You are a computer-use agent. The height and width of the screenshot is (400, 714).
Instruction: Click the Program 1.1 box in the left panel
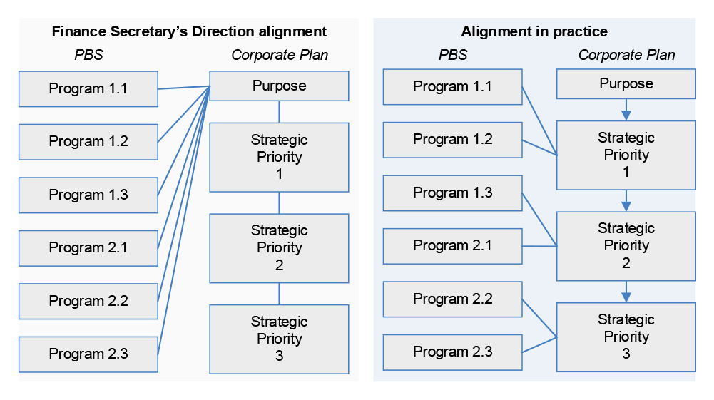pos(88,88)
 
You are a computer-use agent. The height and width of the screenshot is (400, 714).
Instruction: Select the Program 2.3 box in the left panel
pos(88,354)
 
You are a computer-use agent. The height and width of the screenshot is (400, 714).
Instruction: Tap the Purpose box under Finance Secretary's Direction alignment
pos(279,86)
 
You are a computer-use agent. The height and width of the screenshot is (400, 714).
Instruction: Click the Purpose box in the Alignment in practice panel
pos(626,83)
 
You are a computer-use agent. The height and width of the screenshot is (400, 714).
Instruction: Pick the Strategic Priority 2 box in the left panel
pos(279,247)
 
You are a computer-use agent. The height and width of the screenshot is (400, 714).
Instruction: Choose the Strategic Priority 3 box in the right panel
pos(626,337)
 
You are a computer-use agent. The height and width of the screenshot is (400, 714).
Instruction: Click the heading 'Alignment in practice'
pos(534,31)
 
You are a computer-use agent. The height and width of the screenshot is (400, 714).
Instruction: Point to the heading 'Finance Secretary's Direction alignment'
pos(189,31)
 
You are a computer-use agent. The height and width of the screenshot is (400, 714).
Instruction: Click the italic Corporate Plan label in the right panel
pos(626,55)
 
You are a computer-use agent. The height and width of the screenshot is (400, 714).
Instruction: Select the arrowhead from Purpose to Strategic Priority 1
pos(626,114)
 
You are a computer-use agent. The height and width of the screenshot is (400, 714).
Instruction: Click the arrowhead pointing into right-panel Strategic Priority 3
pos(626,296)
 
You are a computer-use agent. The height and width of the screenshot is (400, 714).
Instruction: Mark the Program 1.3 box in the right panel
pos(453,193)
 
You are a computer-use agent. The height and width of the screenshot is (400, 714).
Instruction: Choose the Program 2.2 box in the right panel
pos(453,299)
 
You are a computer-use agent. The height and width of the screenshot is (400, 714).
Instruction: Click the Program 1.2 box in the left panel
pos(88,141)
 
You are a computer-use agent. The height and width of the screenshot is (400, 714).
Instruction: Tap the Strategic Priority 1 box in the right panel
pos(626,155)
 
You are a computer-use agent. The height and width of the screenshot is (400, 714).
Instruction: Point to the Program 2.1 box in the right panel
pos(453,246)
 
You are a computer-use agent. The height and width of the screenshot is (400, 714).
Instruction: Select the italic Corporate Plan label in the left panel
pos(280,55)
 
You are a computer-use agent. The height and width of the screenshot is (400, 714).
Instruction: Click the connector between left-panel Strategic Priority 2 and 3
pos(279,294)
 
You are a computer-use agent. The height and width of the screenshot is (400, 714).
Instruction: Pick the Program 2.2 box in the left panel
pos(88,301)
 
